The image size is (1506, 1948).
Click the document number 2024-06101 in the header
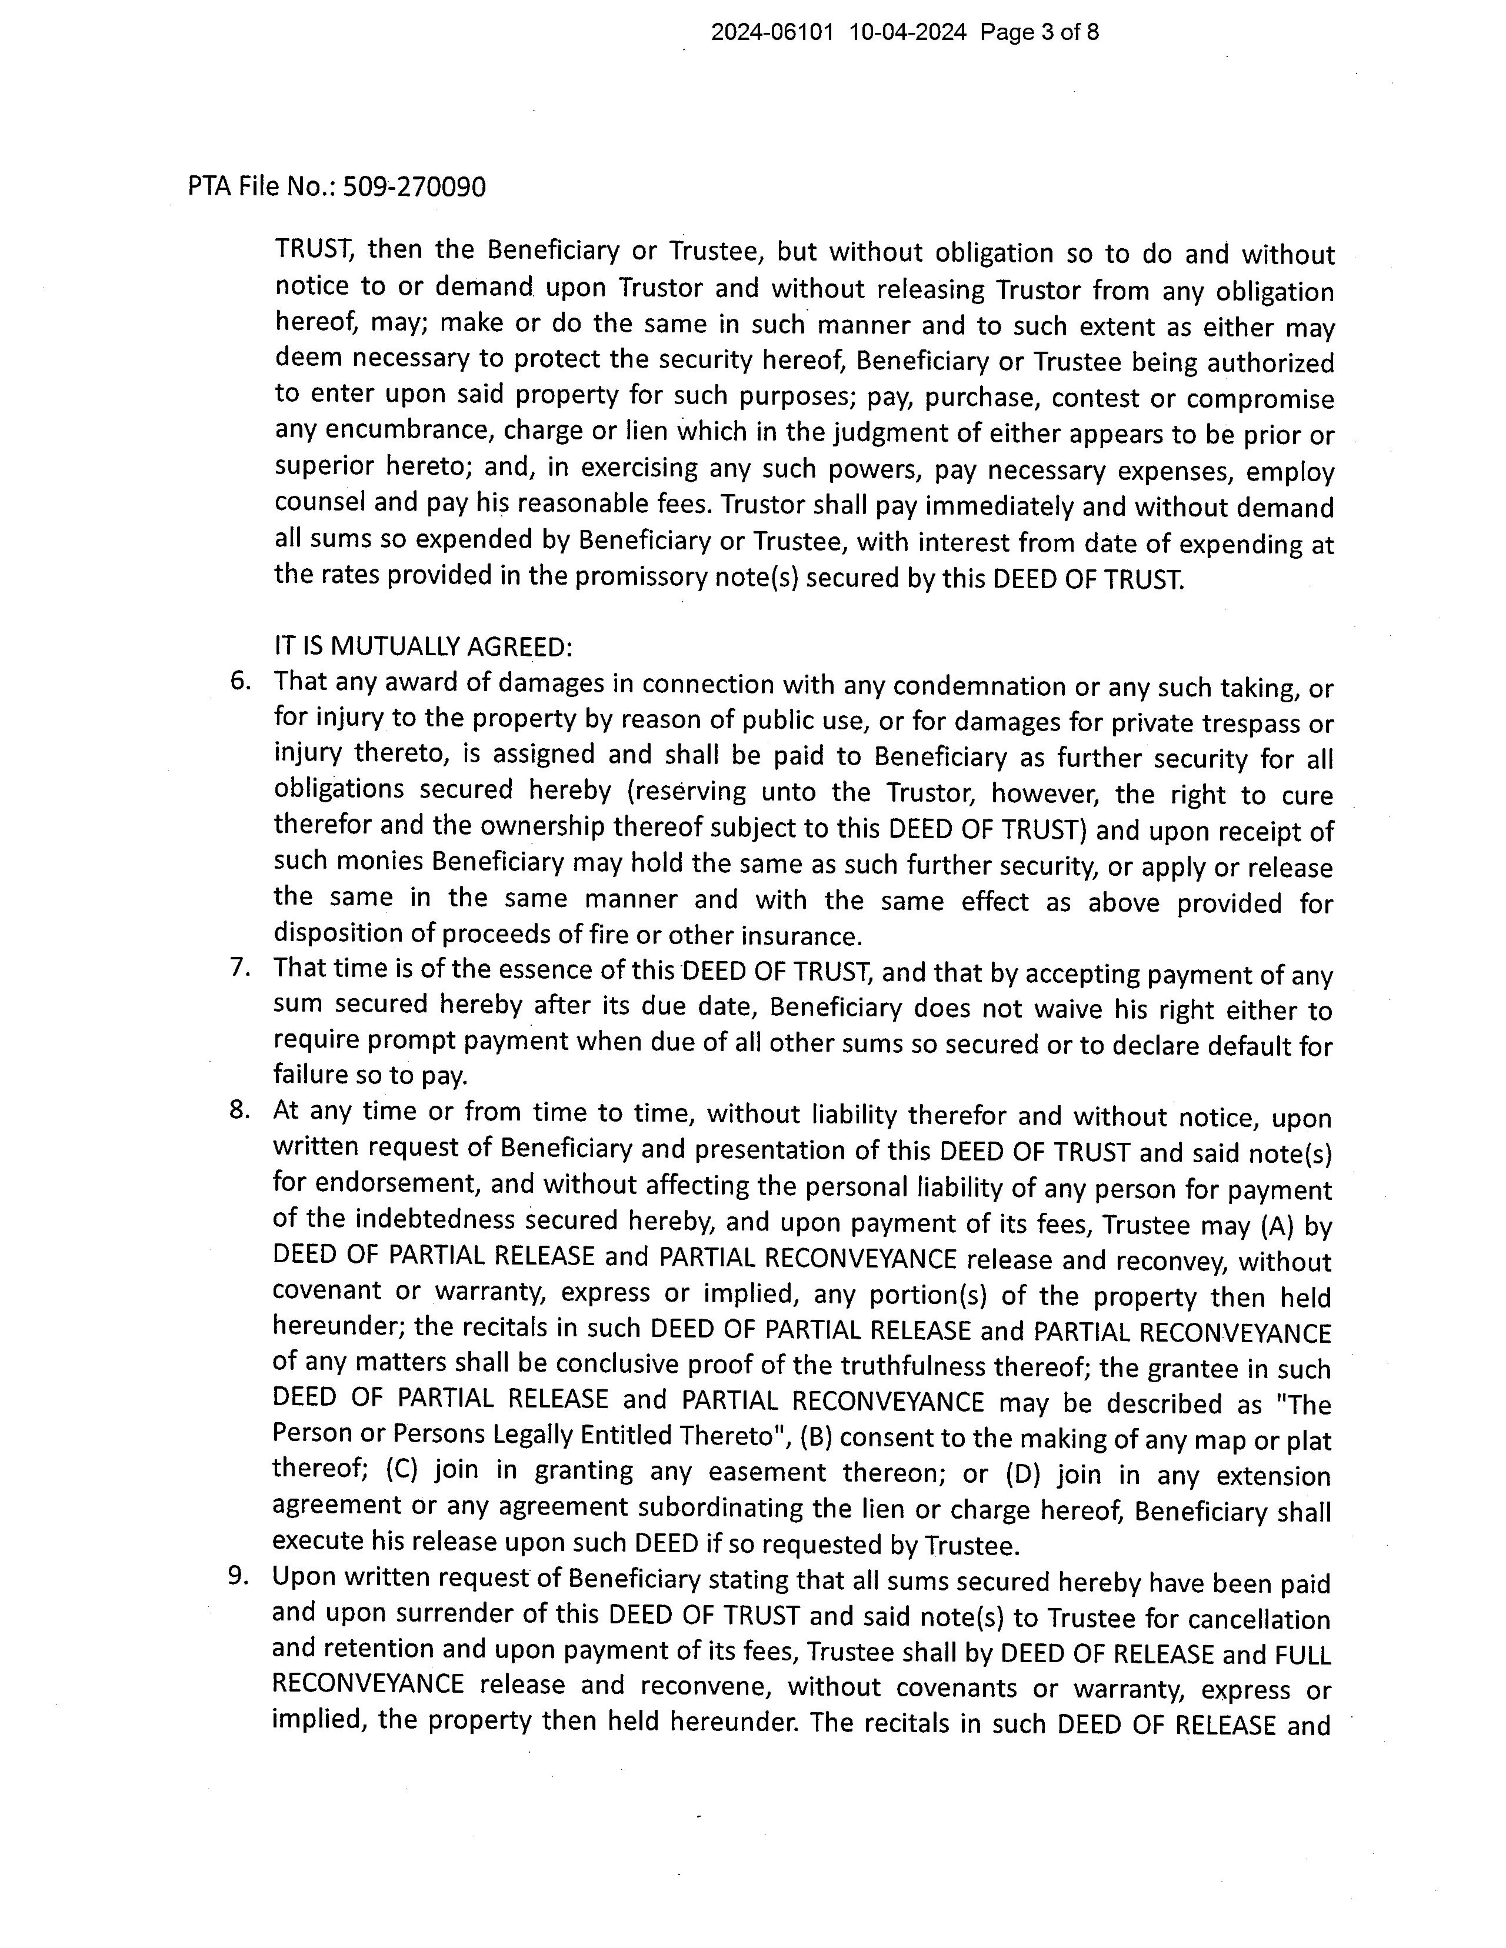tap(772, 33)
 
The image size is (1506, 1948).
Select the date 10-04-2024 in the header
tap(907, 33)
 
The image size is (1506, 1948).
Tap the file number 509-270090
tap(415, 187)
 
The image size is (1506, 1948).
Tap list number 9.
tap(238, 1577)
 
